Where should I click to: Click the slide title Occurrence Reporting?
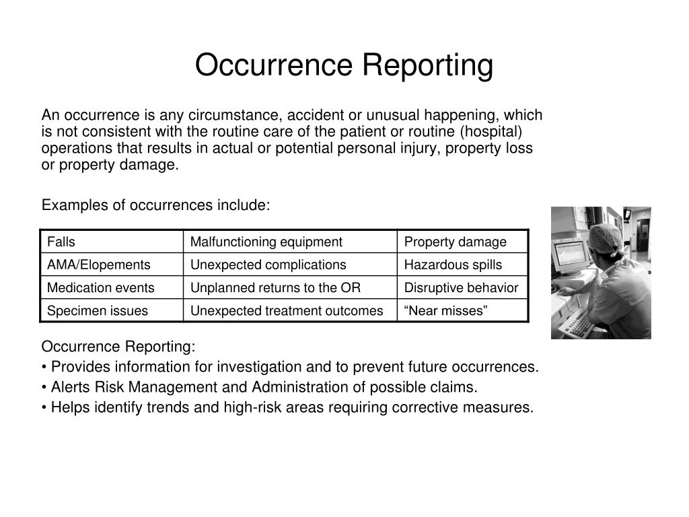[x=344, y=65]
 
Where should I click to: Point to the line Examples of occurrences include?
[x=155, y=205]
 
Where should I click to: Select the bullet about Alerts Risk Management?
[x=259, y=387]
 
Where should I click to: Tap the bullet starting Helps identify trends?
[x=287, y=407]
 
